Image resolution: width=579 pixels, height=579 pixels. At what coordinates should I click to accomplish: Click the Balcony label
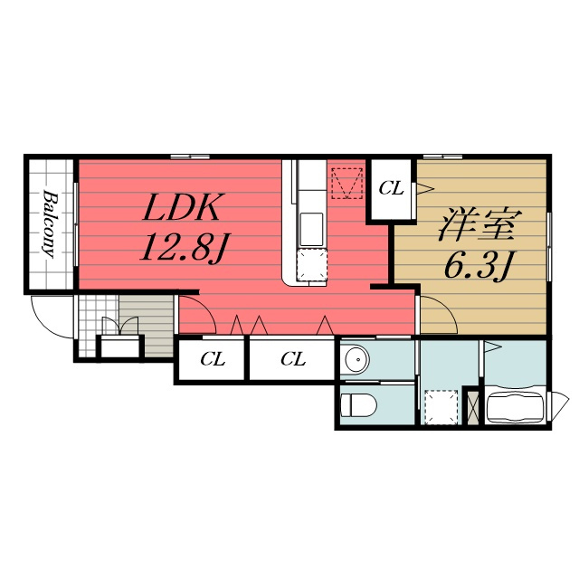[x=51, y=224]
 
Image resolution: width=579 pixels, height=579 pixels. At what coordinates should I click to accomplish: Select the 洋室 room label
[x=479, y=225]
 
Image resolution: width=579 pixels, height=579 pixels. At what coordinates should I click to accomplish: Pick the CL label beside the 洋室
[x=391, y=189]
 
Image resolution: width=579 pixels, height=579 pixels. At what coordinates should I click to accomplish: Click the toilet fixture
[x=358, y=404]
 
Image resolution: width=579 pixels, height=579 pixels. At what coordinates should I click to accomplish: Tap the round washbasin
[x=357, y=358]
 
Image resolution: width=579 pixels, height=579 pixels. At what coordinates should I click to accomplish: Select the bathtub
[x=516, y=408]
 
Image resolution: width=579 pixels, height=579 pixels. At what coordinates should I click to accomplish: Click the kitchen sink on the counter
[x=312, y=230]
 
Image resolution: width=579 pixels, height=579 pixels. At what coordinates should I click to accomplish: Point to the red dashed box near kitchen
[x=347, y=183]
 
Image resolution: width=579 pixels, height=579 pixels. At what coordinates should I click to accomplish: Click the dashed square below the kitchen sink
[x=312, y=265]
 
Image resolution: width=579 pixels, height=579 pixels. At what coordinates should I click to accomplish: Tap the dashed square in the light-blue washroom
[x=441, y=406]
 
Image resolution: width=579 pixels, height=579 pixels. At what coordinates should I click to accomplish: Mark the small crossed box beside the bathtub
[x=472, y=407]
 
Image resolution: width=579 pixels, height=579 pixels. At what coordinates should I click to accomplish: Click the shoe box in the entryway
[x=120, y=346]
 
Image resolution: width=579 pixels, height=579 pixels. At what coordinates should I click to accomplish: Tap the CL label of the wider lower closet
[x=293, y=358]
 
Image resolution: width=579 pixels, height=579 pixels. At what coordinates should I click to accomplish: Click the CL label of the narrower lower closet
[x=213, y=358]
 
